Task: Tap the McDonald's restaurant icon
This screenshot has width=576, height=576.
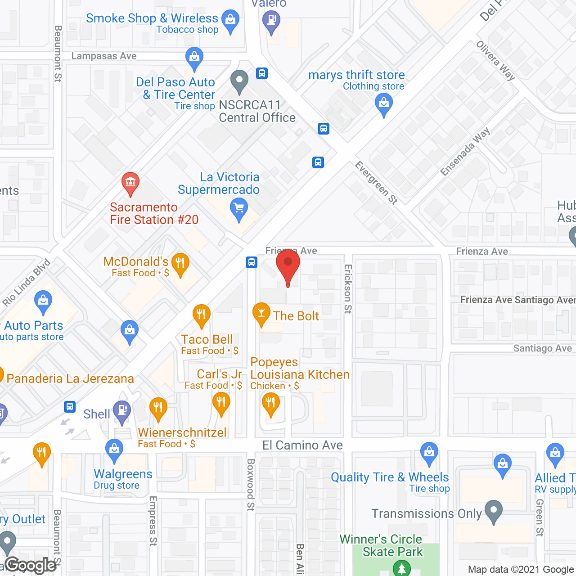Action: click(x=180, y=264)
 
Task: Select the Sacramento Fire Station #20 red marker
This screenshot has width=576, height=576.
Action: click(x=130, y=183)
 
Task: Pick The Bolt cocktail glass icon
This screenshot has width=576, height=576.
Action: click(x=261, y=313)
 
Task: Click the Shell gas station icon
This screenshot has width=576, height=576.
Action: click(x=122, y=411)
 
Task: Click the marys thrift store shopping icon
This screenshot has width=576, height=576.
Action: click(x=384, y=104)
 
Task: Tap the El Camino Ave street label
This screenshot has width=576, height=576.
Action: click(x=302, y=445)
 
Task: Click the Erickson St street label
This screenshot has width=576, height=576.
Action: click(x=348, y=288)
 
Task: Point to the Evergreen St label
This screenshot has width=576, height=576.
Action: click(x=377, y=183)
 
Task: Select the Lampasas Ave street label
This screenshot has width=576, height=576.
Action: click(x=104, y=56)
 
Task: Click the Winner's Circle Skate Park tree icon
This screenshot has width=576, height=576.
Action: click(x=401, y=568)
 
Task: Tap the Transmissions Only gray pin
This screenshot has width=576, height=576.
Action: click(x=494, y=511)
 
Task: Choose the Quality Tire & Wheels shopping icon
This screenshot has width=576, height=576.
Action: click(x=429, y=453)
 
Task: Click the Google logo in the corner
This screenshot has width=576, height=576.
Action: click(x=31, y=565)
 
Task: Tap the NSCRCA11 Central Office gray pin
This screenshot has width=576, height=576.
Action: click(x=239, y=81)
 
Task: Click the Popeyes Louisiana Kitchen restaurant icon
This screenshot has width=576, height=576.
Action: click(x=270, y=404)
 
